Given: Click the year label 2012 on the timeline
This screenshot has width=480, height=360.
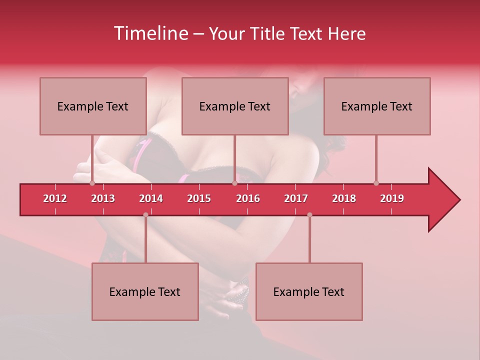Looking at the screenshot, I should [55, 198].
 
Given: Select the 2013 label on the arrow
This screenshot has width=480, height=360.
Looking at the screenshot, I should [103, 198].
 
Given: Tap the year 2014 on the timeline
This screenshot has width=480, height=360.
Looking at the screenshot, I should [151, 198].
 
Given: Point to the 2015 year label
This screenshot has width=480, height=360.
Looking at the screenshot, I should [199, 198].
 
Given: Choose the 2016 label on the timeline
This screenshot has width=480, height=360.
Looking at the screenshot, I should [248, 198].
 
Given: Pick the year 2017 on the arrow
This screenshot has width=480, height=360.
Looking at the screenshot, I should [296, 198].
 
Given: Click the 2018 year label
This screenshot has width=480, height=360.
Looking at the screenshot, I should [344, 198].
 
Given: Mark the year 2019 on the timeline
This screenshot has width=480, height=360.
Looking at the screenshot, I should [392, 198].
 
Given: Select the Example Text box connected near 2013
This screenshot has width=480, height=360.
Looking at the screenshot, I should [93, 106].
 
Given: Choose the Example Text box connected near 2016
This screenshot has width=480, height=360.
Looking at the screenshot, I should [235, 106].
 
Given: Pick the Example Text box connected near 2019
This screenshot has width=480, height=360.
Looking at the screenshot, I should [377, 106].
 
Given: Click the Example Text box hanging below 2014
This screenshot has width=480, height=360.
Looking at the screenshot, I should [145, 291].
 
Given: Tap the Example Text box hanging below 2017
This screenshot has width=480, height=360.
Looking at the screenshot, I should [309, 291].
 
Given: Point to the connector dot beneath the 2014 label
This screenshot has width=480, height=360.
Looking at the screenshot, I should [145, 214].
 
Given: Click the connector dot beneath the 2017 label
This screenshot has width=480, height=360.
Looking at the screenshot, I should [309, 214].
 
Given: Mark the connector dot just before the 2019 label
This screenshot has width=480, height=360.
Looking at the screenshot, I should [376, 183].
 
